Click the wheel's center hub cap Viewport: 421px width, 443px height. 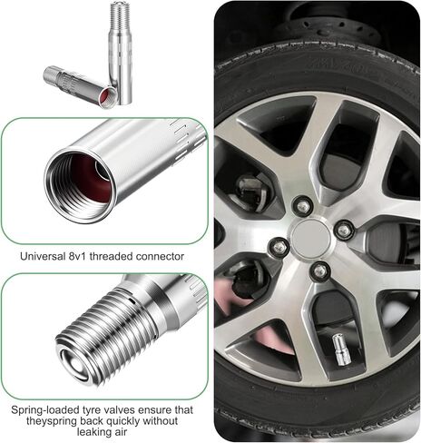(x=311, y=236)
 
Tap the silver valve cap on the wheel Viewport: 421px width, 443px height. (x=341, y=349)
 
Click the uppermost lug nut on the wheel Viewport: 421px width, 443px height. (x=303, y=206)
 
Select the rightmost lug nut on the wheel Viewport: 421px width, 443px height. (x=344, y=231)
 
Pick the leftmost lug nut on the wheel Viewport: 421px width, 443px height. (x=279, y=247)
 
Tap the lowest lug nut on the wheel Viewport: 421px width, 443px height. (x=320, y=271)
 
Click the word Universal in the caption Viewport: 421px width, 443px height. (x=41, y=256)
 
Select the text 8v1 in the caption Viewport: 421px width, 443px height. (x=75, y=256)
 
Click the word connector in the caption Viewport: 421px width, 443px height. (x=160, y=257)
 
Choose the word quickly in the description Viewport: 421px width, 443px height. (x=123, y=421)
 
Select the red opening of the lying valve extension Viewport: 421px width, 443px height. (x=108, y=95)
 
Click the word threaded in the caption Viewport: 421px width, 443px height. (x=111, y=256)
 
